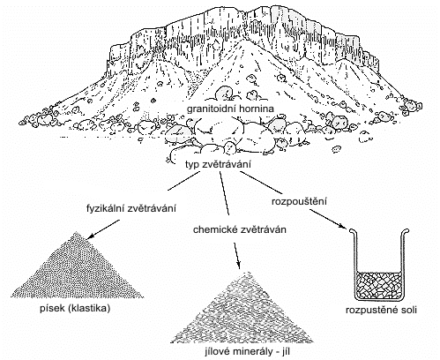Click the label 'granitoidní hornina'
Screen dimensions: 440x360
point(230,109)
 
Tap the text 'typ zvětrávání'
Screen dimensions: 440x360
point(218,164)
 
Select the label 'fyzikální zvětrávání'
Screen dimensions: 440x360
point(131,208)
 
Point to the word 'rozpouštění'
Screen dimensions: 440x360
point(299,202)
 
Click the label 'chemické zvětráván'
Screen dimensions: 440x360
point(240,229)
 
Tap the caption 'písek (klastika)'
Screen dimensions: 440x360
point(75,309)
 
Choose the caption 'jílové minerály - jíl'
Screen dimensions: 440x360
point(245,351)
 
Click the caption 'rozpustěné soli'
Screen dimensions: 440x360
point(381,311)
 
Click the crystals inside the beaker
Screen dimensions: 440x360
point(378,285)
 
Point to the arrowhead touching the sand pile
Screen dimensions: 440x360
point(90,236)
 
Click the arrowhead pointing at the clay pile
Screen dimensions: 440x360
point(238,264)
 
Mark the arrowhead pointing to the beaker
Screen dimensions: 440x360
point(342,226)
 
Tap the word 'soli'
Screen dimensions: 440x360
point(408,311)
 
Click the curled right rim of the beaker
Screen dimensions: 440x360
point(406,231)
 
